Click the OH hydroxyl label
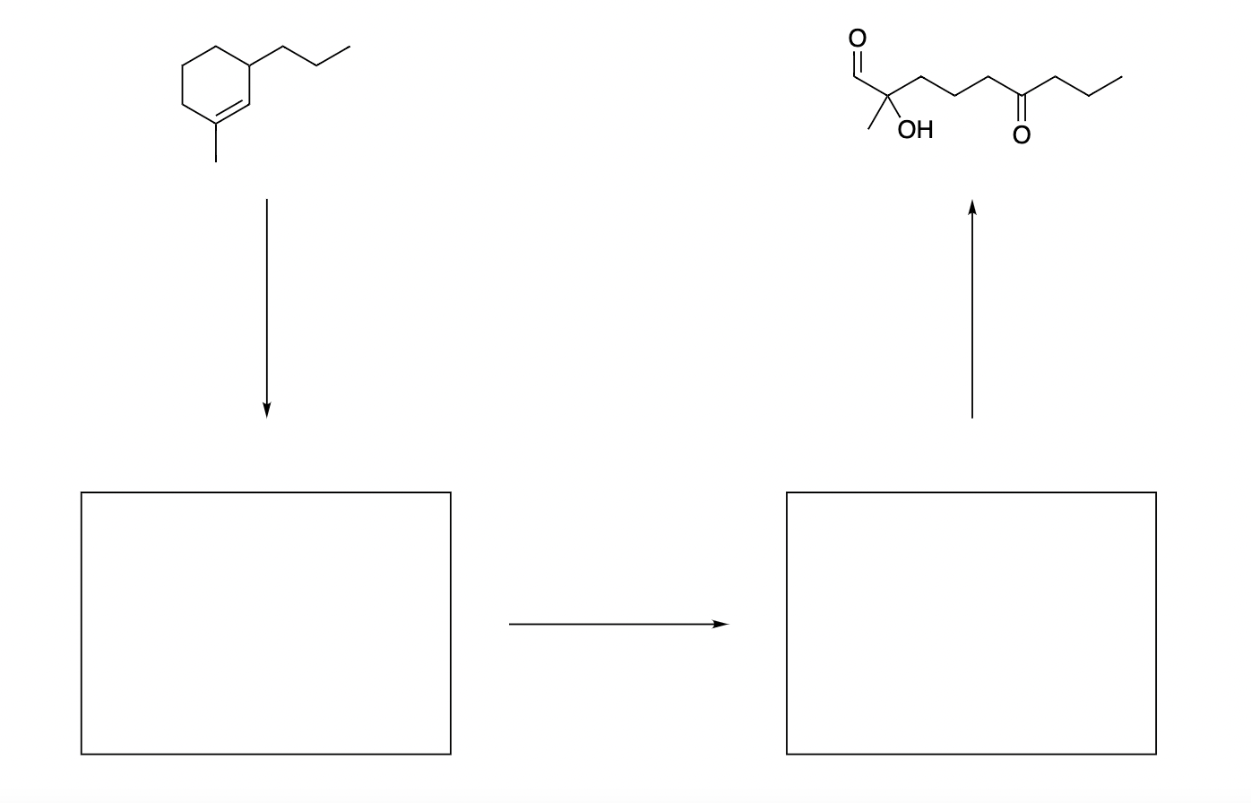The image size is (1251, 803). (915, 131)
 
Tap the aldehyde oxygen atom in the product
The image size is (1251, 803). (858, 38)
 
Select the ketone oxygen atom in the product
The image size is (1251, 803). (1022, 135)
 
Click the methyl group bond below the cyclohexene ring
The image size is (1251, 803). (216, 142)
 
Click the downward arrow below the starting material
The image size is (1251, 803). (266, 305)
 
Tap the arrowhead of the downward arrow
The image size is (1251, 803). (266, 410)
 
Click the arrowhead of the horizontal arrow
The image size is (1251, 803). (722, 624)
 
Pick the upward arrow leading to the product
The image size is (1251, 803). (972, 314)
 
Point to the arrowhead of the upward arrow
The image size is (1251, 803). (972, 207)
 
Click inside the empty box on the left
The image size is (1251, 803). (266, 623)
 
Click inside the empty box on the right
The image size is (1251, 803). (971, 623)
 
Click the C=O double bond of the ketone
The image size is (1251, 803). (1022, 110)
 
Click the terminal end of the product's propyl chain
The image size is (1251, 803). (1120, 77)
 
